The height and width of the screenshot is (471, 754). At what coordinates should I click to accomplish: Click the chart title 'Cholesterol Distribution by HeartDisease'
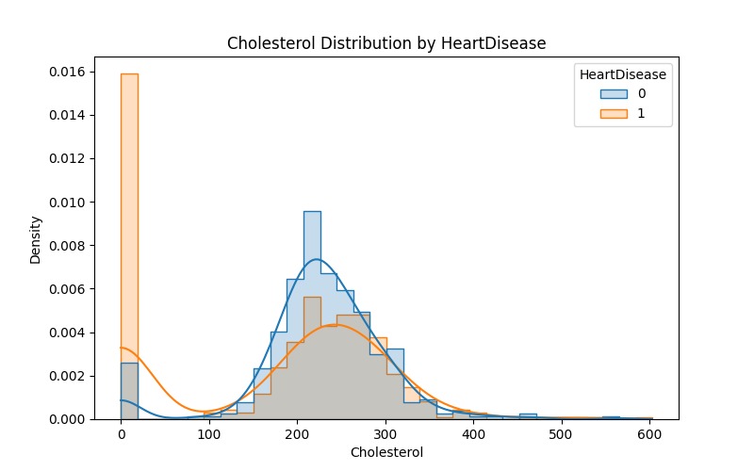point(386,43)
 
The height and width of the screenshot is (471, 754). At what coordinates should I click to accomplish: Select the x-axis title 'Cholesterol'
point(386,452)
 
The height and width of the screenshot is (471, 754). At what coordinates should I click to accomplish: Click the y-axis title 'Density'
point(36,239)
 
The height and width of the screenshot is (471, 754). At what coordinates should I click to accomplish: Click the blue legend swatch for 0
point(614,94)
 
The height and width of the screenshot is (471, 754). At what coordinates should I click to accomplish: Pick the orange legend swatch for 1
point(614,115)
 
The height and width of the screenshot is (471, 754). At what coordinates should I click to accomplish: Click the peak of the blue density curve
point(317,259)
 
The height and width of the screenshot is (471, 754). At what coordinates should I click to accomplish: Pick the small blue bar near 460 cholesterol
point(528,416)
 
